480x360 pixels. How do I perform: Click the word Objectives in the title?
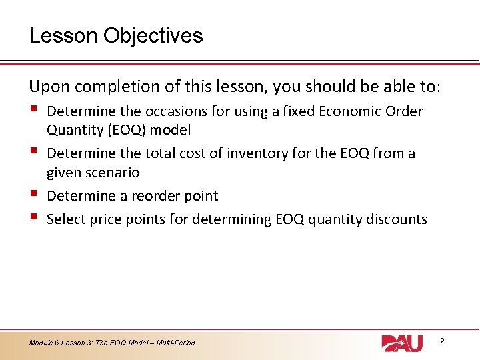pos(153,35)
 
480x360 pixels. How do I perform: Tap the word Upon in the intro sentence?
pos(45,87)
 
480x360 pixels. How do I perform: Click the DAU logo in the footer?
pos(402,343)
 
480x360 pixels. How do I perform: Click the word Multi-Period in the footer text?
pos(176,343)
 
